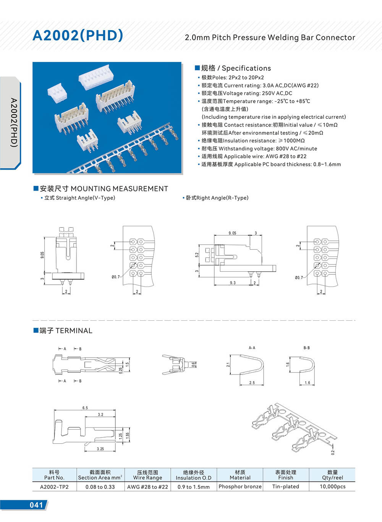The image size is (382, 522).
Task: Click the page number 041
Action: click(x=36, y=505)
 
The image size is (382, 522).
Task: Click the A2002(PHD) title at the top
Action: click(x=78, y=35)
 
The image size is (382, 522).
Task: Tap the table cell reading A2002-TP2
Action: click(x=54, y=487)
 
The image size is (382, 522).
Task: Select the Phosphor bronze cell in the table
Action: click(x=240, y=486)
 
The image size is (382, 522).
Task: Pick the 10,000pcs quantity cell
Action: click(x=332, y=486)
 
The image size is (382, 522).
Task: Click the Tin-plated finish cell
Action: click(x=285, y=486)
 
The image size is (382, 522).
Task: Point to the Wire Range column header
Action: click(x=147, y=475)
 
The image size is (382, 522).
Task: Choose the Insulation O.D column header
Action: click(x=193, y=475)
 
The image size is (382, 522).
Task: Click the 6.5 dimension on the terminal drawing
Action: click(x=85, y=408)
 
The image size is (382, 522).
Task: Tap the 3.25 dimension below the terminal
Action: click(x=100, y=449)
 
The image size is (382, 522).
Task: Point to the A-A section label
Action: click(x=252, y=348)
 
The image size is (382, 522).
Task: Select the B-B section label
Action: click(x=306, y=348)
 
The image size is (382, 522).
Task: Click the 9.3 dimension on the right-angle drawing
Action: click(x=233, y=283)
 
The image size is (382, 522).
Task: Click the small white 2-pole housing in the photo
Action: click(x=57, y=92)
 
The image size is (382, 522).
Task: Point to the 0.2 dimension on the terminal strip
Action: click(x=333, y=452)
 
